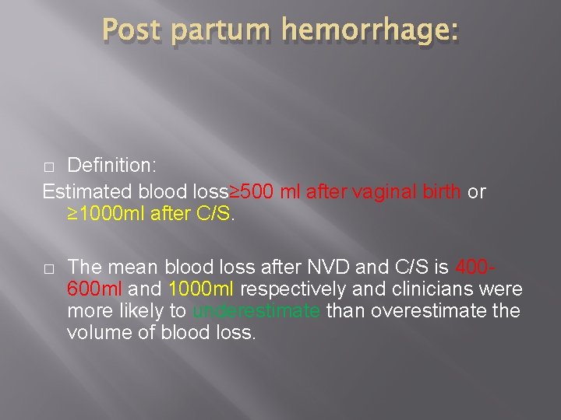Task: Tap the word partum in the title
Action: pyautogui.click(x=219, y=31)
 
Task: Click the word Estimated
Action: pyautogui.click(x=87, y=191)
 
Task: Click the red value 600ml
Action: pyautogui.click(x=94, y=290)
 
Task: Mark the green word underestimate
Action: pyautogui.click(x=256, y=312)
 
